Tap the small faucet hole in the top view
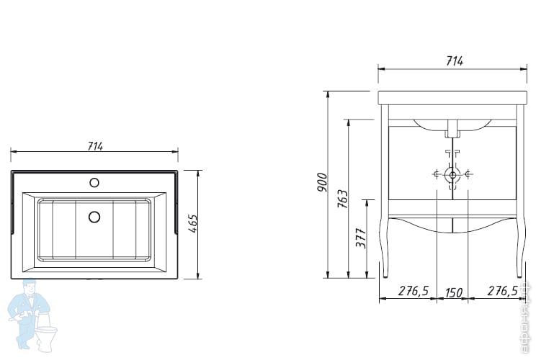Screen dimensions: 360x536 (94, 182)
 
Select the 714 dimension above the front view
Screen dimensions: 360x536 (454, 61)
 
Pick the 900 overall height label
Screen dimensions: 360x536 (322, 184)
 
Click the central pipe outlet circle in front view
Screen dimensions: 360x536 (452, 174)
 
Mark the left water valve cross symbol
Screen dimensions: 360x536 (437, 174)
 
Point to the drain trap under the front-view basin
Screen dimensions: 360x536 (452, 130)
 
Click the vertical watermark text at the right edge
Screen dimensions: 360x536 (530, 317)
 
